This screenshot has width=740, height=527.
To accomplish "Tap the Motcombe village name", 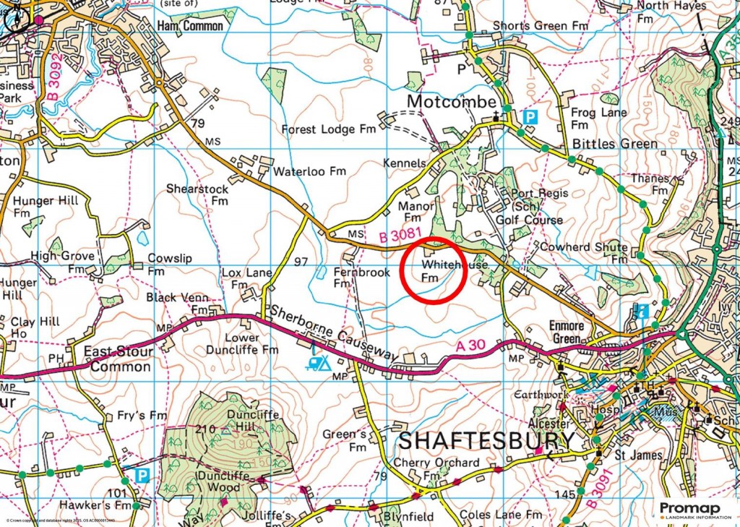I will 451,101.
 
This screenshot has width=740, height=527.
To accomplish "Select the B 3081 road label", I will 400,236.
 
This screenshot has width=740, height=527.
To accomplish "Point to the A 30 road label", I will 470,348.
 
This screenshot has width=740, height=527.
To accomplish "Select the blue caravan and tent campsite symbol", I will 317,361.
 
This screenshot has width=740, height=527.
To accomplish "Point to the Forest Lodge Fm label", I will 328,129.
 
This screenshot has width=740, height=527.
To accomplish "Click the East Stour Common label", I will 117,359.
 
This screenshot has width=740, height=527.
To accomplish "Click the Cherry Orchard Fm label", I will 436,468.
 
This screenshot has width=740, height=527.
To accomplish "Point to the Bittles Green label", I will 615,143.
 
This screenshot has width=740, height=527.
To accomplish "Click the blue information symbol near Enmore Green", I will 642,312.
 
